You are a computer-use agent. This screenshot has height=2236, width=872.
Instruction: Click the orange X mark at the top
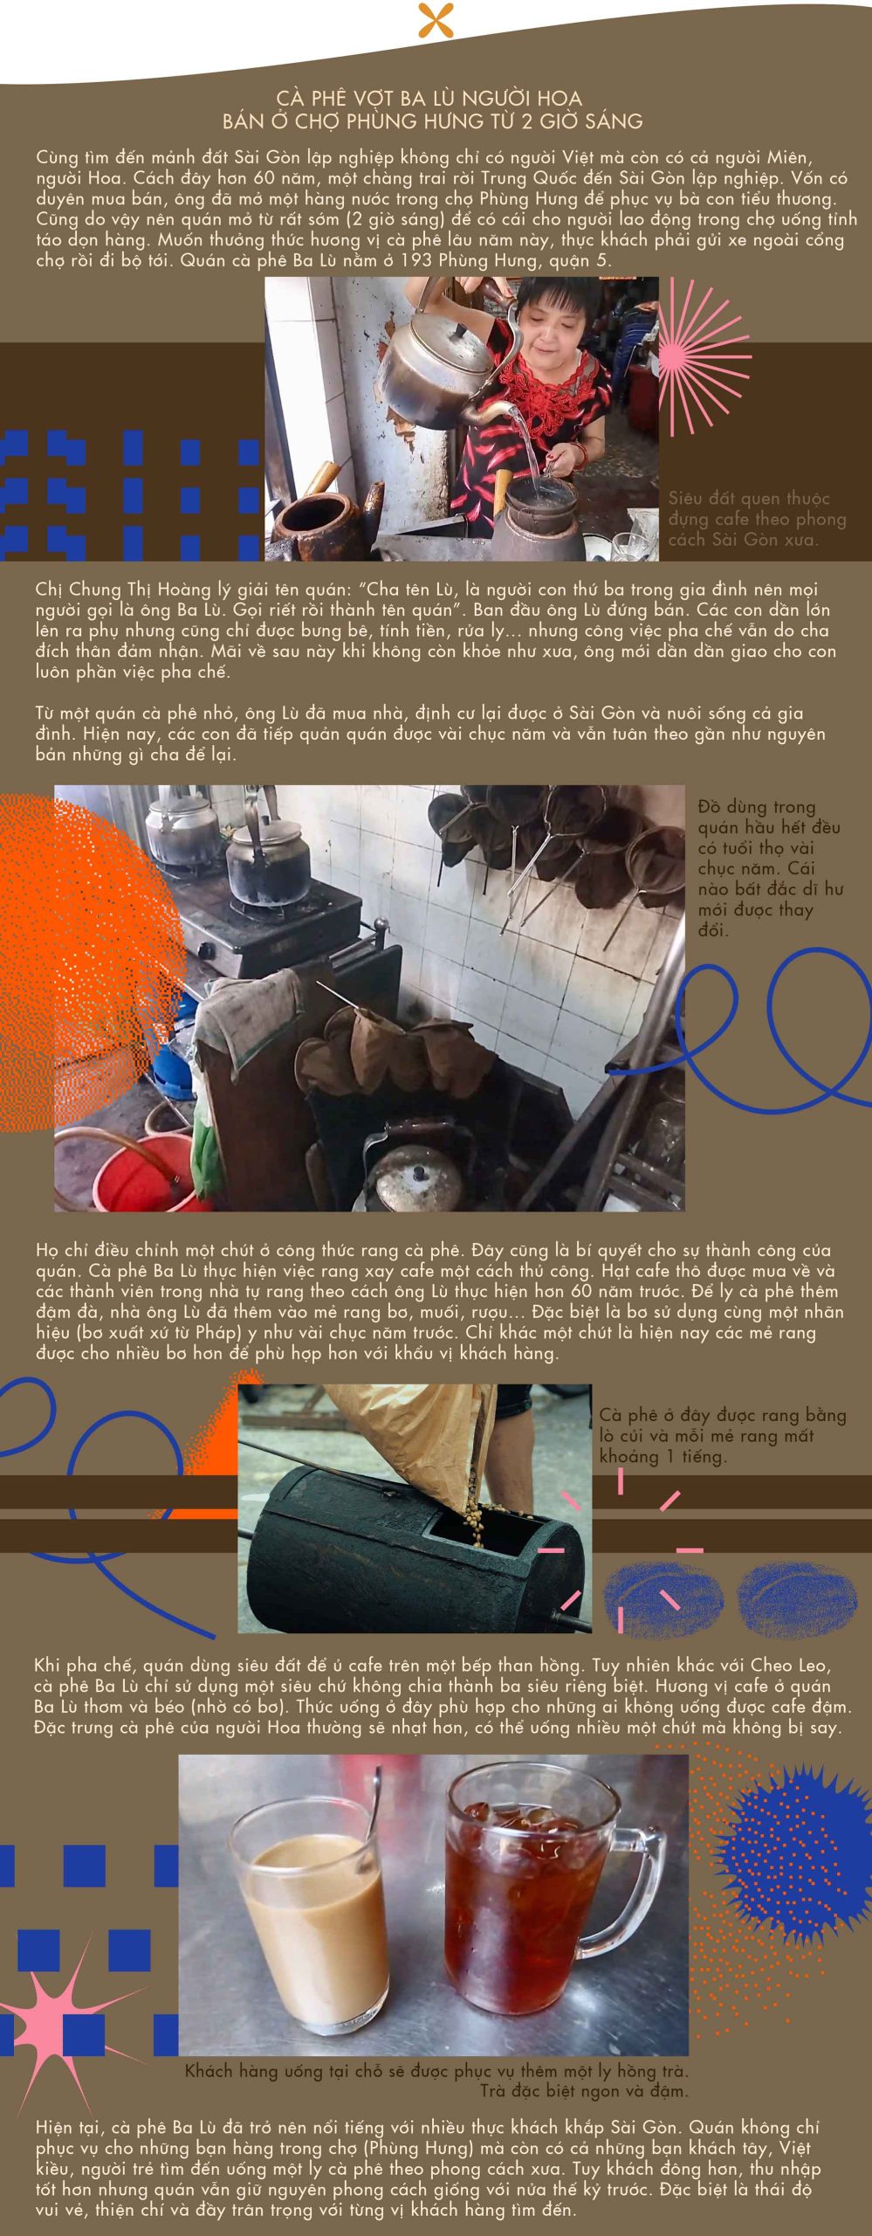pos(436,20)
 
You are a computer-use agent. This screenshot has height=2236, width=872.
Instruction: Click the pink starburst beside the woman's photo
pos(703,358)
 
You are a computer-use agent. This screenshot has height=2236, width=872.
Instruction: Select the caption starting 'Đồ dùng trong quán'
pos(769,868)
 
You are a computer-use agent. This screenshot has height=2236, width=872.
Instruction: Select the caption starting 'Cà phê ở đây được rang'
pos(722,1435)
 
